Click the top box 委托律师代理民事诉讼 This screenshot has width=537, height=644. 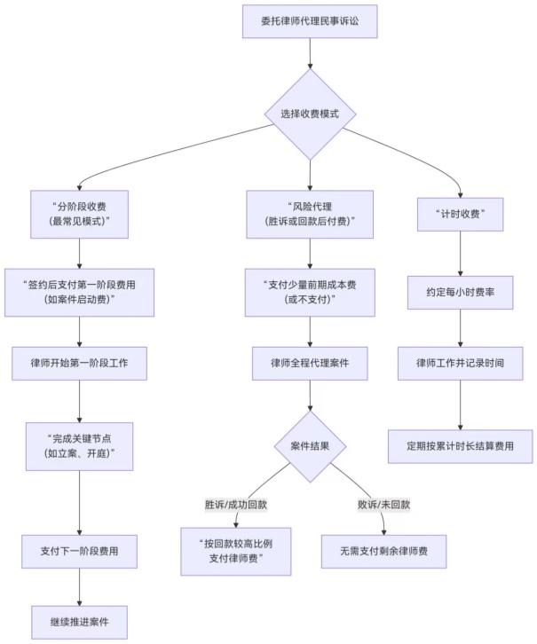coord(310,21)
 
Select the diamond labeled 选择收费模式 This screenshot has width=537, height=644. coord(310,114)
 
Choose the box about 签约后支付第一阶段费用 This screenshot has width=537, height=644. coord(80,292)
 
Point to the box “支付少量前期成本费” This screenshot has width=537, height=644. coord(310,292)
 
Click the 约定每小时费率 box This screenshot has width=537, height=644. coord(461,292)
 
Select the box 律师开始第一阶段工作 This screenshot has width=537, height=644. coord(80,363)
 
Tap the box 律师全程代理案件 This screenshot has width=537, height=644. coord(310,363)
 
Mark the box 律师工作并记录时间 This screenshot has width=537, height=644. coord(461,363)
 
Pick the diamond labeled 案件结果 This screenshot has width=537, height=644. coord(310,446)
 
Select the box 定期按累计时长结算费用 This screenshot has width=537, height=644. coord(461,445)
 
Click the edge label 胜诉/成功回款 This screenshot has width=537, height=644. coord(236,505)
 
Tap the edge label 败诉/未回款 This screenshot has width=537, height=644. coord(383,505)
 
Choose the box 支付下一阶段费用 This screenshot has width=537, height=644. coord(80,551)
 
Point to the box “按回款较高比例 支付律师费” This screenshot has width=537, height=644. coord(236,550)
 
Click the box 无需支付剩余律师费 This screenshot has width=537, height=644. coord(383,551)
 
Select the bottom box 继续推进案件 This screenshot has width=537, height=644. coord(80,621)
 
